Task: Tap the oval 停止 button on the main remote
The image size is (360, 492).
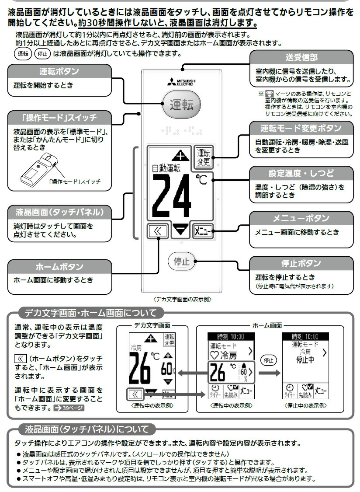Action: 181,262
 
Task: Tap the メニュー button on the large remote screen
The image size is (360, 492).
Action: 202,230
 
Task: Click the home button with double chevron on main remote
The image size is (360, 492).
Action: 157,231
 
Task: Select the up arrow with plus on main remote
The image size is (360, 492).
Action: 180,155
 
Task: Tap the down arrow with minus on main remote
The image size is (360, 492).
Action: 180,230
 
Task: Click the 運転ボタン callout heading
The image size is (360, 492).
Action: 59,71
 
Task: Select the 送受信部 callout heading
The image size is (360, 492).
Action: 302,57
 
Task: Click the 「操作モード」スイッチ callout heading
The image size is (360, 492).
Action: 59,117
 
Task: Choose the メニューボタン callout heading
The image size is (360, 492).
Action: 301,218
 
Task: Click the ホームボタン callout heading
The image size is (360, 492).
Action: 59,267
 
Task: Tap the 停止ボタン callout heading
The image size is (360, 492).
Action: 301,263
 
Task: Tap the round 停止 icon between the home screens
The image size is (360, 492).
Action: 268,360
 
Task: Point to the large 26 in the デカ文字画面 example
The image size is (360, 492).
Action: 140,370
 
